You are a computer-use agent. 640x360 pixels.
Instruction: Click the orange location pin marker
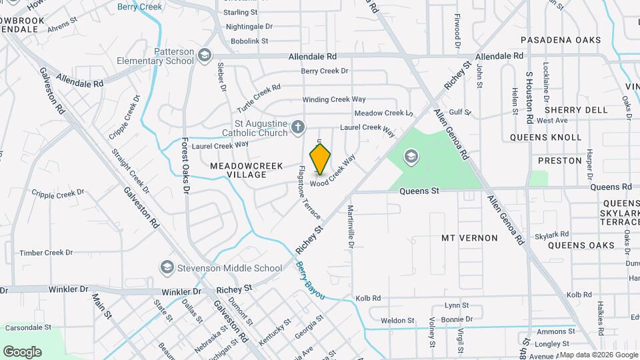coord(320,159)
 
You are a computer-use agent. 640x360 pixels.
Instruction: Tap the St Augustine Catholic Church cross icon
coord(298,127)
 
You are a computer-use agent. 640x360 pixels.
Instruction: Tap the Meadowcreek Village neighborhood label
coord(247,170)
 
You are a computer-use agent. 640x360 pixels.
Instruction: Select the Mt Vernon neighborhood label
coord(469,238)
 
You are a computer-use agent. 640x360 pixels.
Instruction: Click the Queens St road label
coord(419,191)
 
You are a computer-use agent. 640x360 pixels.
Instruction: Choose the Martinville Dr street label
coord(350,226)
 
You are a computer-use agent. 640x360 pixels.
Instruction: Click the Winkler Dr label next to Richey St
coord(179,292)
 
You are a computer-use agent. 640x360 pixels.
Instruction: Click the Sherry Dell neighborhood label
coord(576,109)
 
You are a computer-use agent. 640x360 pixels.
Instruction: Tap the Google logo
coord(22,351)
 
